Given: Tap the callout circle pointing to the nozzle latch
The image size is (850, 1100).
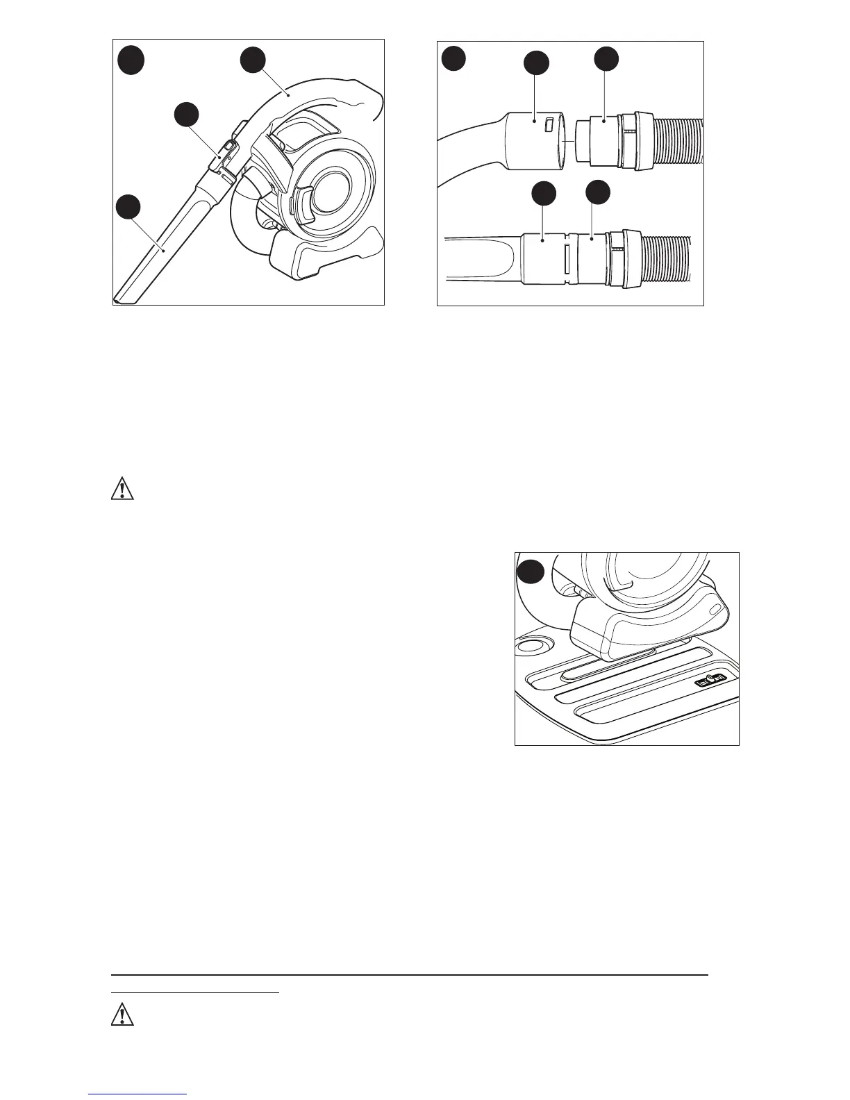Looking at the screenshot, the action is coord(186,116).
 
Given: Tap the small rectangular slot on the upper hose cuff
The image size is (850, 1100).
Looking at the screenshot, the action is coord(549,124).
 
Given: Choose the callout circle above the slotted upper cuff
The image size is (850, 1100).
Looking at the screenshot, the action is coord(535,63).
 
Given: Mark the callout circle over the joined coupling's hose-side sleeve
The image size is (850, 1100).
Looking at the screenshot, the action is coord(598,194).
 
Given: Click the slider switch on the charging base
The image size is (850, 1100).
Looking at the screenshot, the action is coord(712,680).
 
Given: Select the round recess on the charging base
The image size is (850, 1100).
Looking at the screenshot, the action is coord(531,646).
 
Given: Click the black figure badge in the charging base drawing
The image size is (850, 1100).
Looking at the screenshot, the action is coord(531,572).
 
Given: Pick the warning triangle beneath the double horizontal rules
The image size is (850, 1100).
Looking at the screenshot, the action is coord(122,1015).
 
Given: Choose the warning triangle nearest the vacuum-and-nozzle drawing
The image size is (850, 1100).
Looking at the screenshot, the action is coord(122,490).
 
